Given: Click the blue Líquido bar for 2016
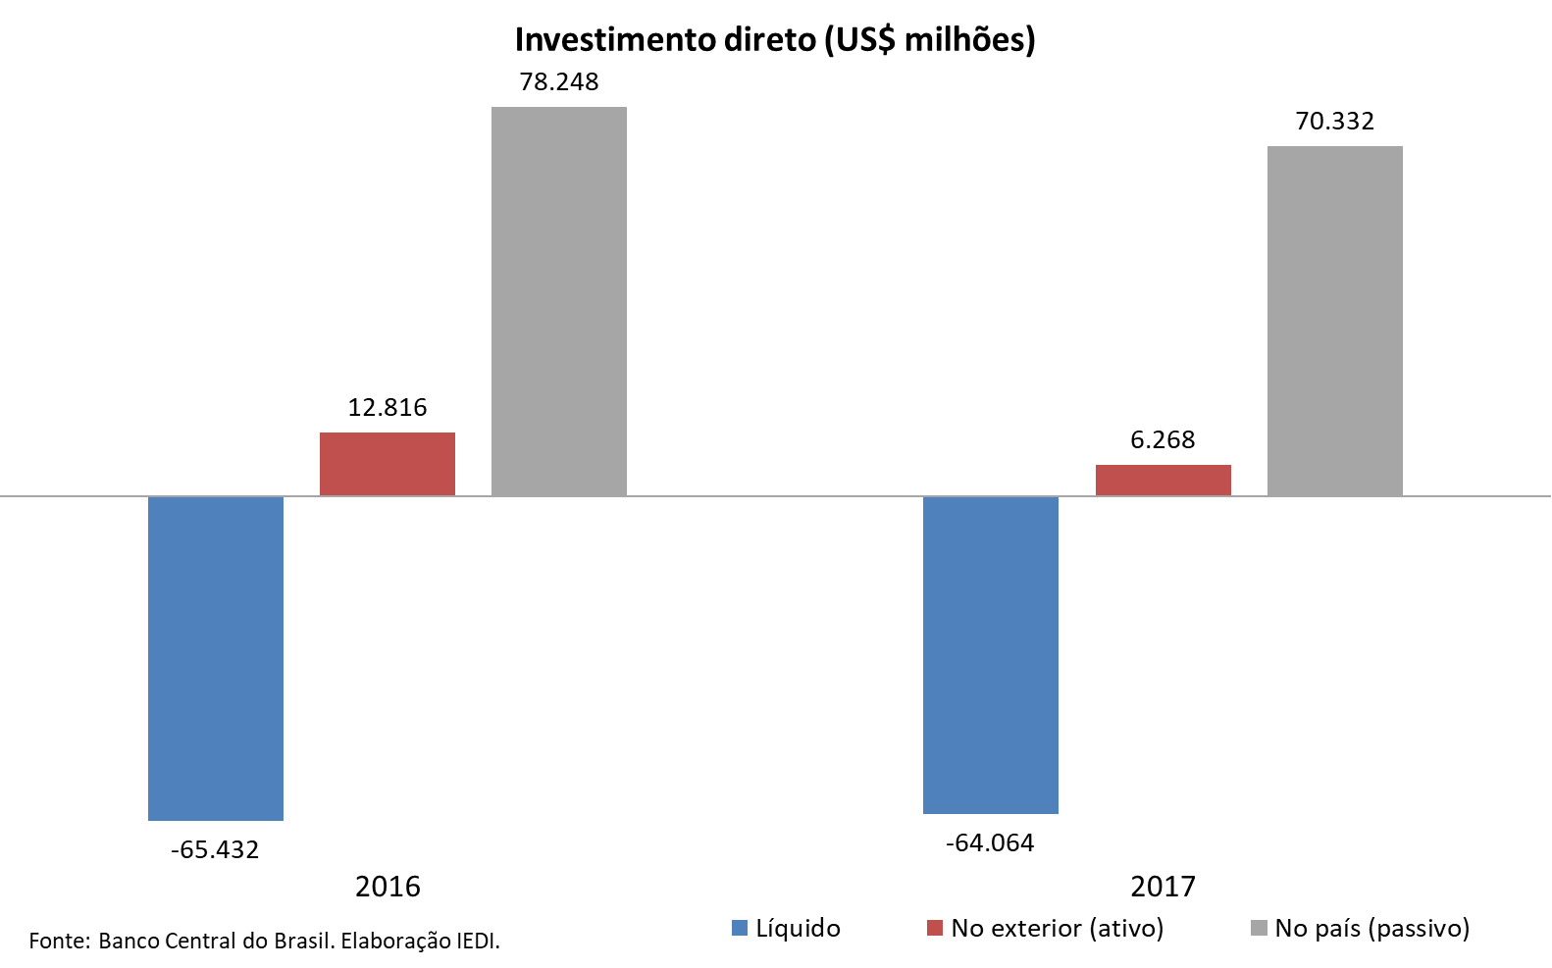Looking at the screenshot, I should tap(216, 657).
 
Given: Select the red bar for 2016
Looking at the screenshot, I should tap(388, 464).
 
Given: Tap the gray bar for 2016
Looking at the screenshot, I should tap(559, 301).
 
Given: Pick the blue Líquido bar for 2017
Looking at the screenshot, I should tap(991, 654).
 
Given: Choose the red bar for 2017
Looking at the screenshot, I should tap(1164, 480).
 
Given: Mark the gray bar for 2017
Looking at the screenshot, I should tap(1335, 321).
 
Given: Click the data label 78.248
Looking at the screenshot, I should tap(559, 81).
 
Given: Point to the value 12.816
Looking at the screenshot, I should tap(388, 407).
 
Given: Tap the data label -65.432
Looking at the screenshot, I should tap(215, 849).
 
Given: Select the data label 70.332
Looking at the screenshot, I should tap(1335, 121).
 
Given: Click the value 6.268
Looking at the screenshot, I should tap(1164, 439).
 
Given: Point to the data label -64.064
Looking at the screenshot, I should tap(990, 842).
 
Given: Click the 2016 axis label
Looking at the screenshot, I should tap(388, 887).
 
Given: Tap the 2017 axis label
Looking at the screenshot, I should tap(1164, 887).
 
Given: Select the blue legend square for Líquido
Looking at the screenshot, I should tap(740, 928).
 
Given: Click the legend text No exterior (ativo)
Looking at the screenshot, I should tap(1058, 928).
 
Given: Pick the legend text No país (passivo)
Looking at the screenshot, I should tap(1372, 928).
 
